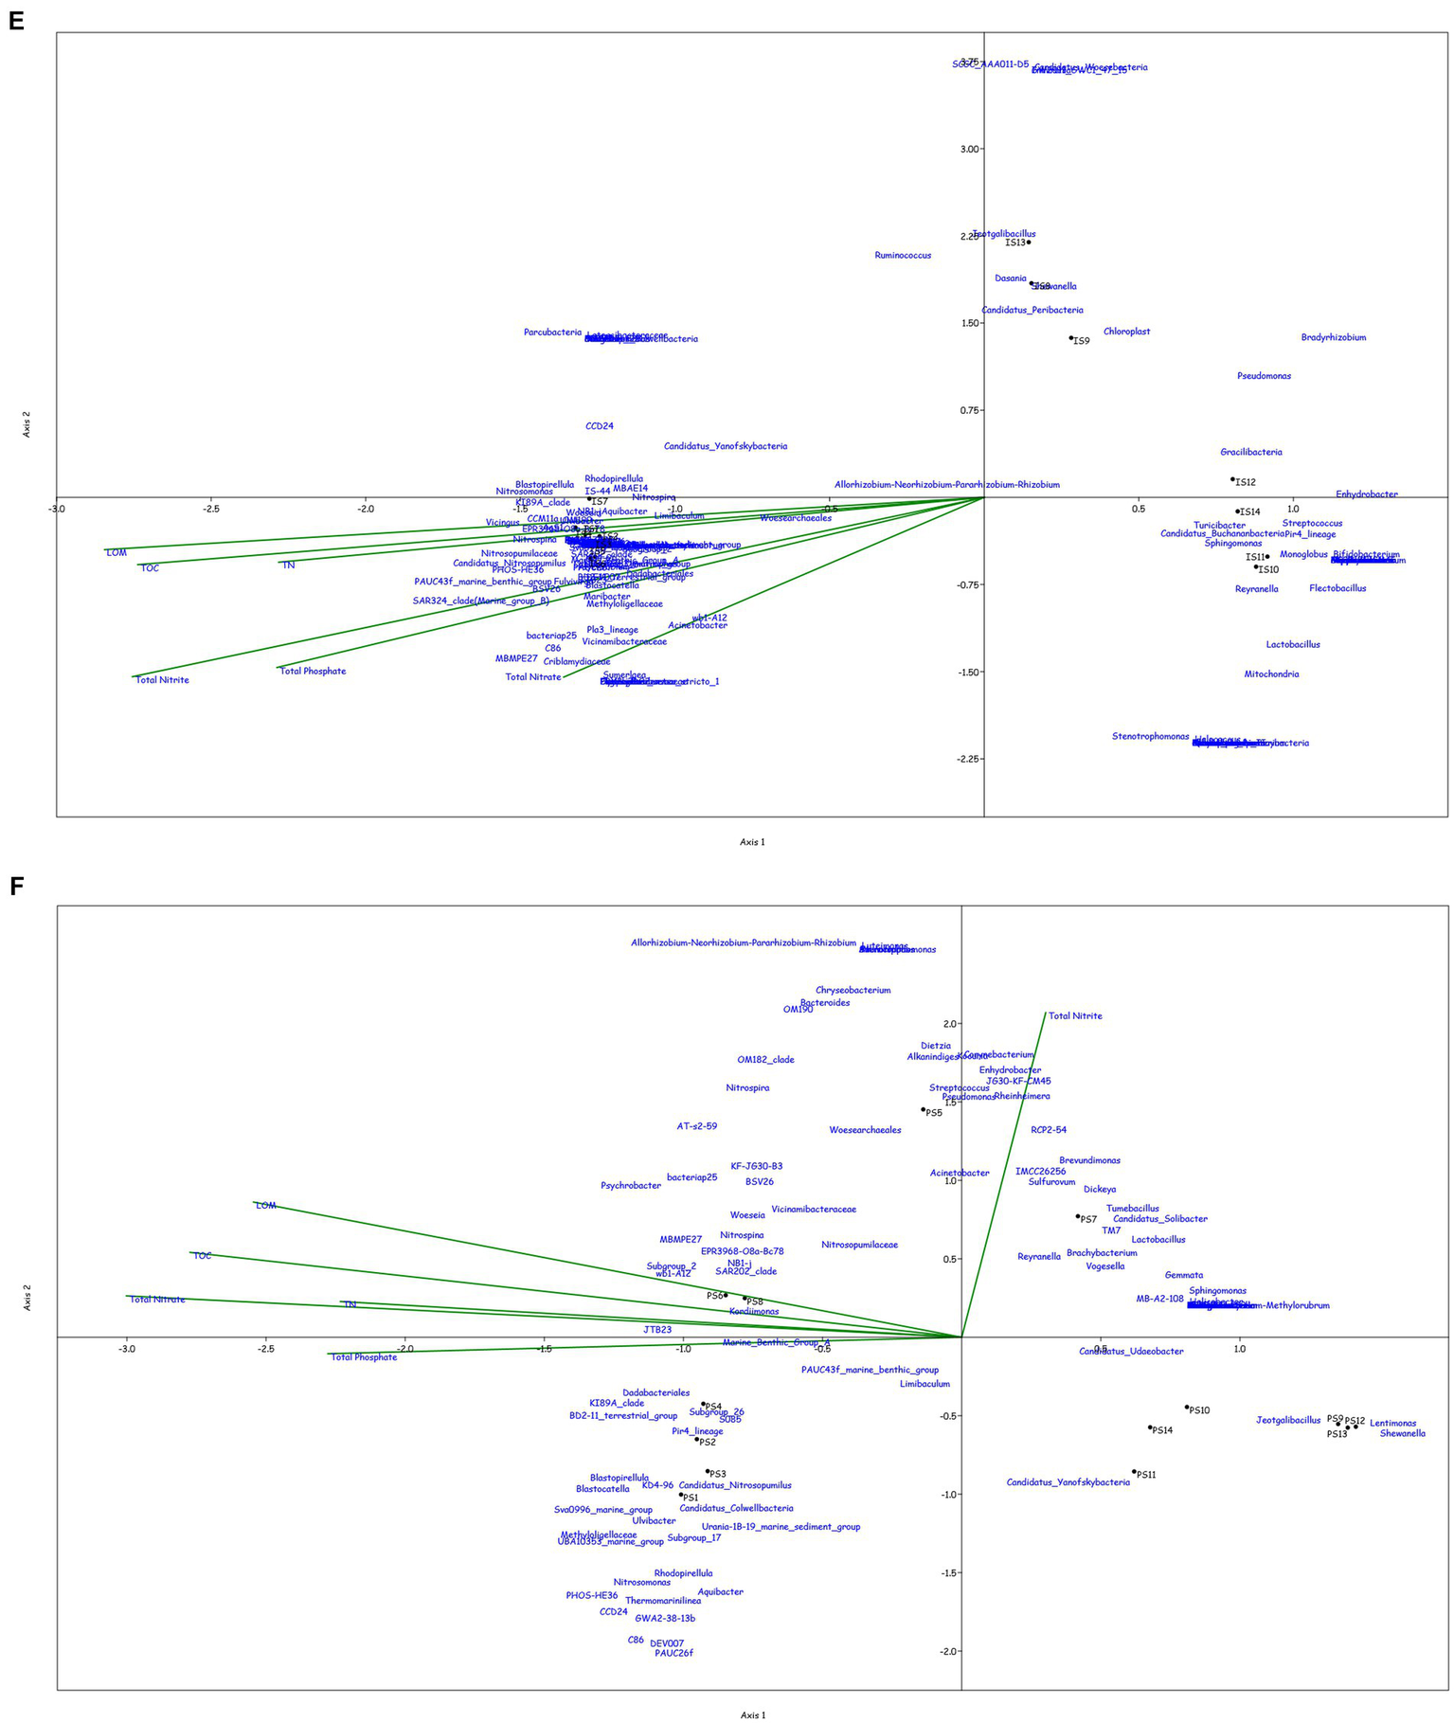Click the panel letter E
tap(15, 21)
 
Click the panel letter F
tap(15, 886)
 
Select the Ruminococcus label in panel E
tap(902, 256)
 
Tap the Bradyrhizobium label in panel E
tap(1333, 338)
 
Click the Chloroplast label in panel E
tap(1126, 332)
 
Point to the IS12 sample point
tap(1232, 479)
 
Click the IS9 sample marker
tap(1071, 338)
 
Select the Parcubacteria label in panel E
tap(552, 332)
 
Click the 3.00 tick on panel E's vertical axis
tap(971, 150)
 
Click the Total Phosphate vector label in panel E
tap(313, 672)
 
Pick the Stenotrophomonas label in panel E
tap(1150, 737)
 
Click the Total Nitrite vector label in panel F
tap(1075, 1016)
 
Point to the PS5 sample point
tap(923, 1109)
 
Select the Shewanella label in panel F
tap(1402, 1434)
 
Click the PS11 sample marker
tap(1134, 1472)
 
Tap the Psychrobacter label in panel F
tap(630, 1186)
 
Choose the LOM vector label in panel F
tap(265, 1206)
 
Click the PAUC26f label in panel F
tap(673, 1654)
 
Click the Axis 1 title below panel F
tap(752, 1714)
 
